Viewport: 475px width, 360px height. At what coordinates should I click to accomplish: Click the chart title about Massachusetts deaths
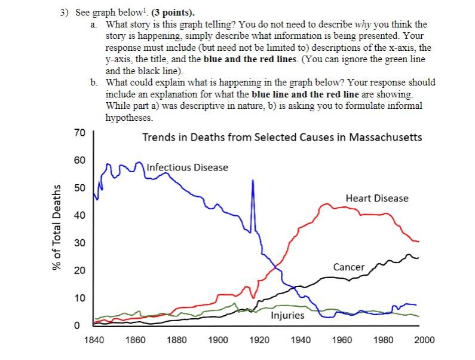coord(281,137)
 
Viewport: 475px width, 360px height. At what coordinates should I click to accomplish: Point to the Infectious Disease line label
coord(187,167)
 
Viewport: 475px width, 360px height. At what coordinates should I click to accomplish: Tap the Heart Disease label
coord(377,198)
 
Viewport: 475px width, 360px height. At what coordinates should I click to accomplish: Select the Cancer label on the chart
coord(349,267)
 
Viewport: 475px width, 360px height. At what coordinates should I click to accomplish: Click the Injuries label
coord(287,315)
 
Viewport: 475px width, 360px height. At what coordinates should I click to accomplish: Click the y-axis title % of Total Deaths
coord(58,228)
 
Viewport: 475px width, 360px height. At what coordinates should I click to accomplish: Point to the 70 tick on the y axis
coord(79,133)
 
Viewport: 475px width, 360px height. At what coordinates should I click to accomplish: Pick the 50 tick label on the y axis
coord(79,188)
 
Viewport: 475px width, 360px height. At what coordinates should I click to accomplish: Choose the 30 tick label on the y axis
coord(79,243)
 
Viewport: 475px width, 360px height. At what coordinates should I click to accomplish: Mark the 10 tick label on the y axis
coord(79,298)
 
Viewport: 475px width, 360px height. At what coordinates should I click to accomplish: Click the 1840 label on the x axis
coord(94,340)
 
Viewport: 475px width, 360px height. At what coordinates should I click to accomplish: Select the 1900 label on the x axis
coord(218,340)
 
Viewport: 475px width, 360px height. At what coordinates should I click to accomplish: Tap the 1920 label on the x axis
coord(259,340)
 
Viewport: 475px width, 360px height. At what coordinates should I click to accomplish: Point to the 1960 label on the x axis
coord(342,340)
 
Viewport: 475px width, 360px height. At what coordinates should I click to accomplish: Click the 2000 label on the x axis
coord(424,340)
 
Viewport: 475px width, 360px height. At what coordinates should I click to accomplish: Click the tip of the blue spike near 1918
coord(253,180)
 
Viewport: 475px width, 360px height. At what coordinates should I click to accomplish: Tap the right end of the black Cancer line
coord(418,258)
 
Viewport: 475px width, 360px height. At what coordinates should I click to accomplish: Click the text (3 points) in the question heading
coord(177,13)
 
